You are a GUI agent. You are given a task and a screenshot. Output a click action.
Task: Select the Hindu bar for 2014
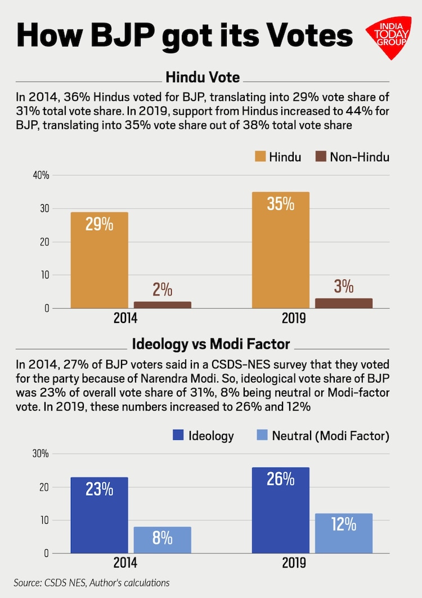[x=100, y=260]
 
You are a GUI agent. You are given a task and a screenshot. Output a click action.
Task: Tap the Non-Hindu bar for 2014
[x=163, y=305]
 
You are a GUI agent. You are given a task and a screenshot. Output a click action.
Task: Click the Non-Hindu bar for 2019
[x=344, y=303]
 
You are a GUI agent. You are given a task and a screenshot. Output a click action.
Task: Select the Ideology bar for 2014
[x=100, y=515]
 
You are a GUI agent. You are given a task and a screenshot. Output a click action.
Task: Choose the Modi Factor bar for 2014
[x=163, y=540]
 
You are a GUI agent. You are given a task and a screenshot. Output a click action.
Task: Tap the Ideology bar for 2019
[x=281, y=510]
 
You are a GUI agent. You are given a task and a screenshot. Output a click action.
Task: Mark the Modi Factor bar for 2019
[x=344, y=533]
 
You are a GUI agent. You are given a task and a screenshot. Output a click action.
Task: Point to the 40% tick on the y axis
[x=41, y=176]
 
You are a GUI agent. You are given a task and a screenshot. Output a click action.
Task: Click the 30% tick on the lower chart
[x=41, y=453]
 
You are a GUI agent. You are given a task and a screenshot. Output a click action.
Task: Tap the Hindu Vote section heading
[x=202, y=77]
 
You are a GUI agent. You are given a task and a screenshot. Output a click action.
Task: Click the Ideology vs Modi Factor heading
[x=210, y=344]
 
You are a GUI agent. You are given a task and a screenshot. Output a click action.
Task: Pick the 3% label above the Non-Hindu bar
[x=343, y=287]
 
